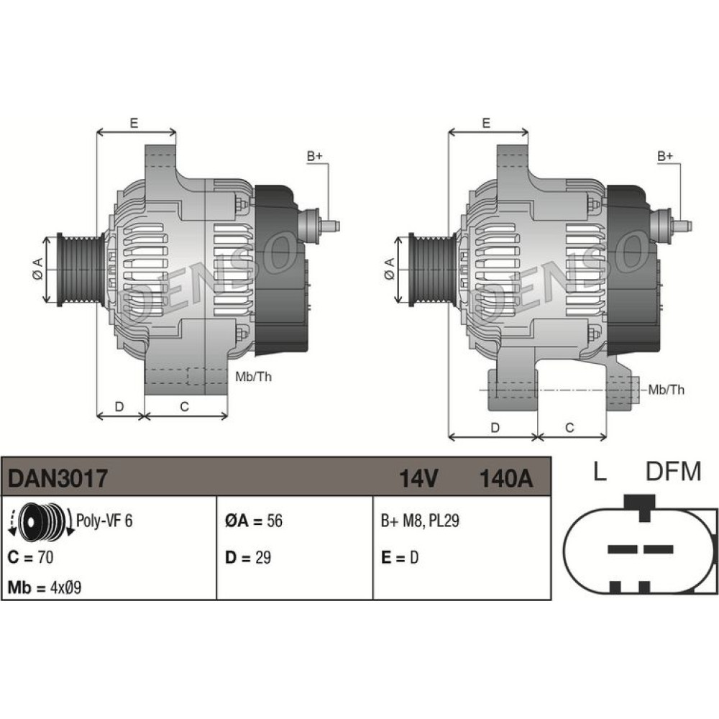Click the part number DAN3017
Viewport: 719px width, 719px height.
click(58, 478)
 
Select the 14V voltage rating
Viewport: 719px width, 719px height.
click(418, 478)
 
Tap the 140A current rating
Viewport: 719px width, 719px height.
click(505, 478)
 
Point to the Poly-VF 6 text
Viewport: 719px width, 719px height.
click(104, 521)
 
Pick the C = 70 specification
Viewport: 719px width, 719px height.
click(30, 557)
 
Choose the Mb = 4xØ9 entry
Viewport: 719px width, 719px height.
click(45, 587)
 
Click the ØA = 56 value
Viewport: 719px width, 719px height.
click(254, 521)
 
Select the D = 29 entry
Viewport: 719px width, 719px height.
click(247, 557)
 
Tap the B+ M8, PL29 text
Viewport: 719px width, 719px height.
click(420, 521)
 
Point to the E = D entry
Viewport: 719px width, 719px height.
click(400, 557)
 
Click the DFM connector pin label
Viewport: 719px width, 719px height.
click(674, 471)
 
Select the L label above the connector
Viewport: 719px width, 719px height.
click(600, 471)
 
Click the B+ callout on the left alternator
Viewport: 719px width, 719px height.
click(315, 156)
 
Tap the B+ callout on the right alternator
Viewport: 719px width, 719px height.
click(665, 156)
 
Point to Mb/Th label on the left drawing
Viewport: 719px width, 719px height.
click(253, 377)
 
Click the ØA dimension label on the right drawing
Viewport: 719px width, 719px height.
click(389, 268)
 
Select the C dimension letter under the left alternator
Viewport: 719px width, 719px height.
click(184, 407)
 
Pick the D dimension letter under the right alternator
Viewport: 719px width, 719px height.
click(495, 428)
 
